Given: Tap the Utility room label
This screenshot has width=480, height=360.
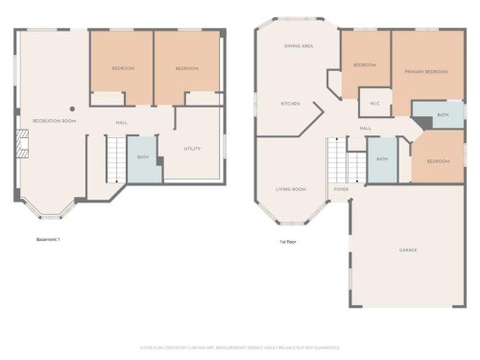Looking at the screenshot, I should [192, 149].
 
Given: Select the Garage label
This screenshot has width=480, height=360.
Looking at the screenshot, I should [408, 250].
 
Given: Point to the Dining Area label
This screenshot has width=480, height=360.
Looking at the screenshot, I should [298, 46].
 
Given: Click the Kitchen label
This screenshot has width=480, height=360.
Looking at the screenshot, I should [290, 104].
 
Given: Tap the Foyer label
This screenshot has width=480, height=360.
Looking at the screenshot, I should [341, 190].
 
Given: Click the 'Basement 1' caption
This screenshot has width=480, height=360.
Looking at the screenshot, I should [48, 239].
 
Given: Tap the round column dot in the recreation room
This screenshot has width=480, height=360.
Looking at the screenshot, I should [71, 108].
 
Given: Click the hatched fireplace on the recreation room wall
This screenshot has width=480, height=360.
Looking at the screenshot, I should [23, 145].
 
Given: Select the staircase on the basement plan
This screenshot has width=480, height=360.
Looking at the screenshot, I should [114, 158].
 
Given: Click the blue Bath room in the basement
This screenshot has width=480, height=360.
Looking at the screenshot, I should [143, 158].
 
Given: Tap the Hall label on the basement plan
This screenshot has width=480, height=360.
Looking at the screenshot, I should [123, 123].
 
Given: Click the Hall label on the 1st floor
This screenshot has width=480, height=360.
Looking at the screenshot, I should [365, 128].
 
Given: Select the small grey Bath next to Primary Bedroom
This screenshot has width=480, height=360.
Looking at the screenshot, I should [440, 115].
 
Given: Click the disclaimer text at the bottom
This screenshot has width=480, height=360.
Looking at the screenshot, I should [240, 347].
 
